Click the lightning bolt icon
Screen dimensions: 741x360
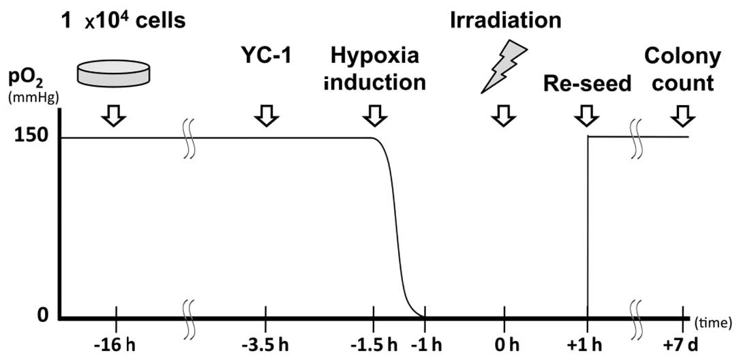[504, 66]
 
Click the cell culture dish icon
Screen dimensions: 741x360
[115, 73]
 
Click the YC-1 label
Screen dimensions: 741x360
[265, 56]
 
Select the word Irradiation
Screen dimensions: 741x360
[505, 20]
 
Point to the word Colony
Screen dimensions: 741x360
[682, 56]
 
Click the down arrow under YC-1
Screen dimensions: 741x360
[266, 117]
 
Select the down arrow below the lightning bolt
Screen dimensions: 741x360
[504, 117]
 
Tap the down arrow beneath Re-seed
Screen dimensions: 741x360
[586, 117]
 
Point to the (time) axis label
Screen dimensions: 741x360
[714, 320]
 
